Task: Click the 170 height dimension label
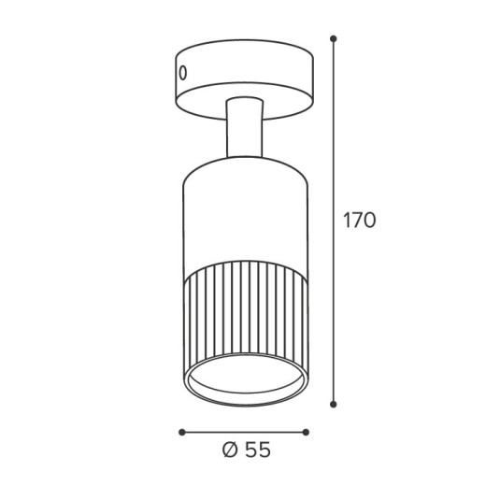click(x=360, y=221)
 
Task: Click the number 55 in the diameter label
click(x=258, y=450)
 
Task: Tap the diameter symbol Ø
click(x=231, y=450)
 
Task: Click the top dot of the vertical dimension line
click(x=334, y=38)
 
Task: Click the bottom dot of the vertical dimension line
click(x=334, y=405)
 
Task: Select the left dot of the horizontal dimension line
click(x=182, y=432)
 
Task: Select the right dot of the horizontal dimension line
click(x=306, y=432)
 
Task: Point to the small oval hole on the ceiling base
click(x=183, y=73)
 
